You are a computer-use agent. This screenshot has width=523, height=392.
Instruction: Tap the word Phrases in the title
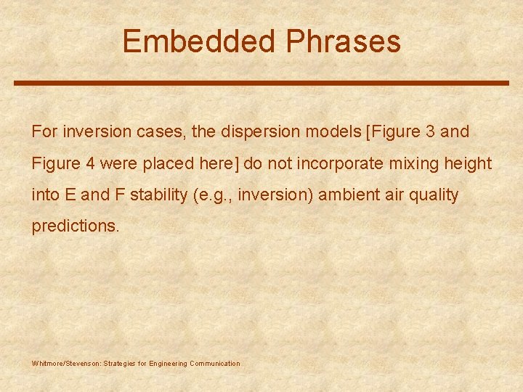coord(343,41)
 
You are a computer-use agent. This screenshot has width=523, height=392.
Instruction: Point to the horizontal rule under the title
coord(261,83)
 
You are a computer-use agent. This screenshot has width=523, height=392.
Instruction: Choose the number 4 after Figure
coord(90,163)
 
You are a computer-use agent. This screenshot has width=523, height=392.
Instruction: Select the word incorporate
coord(333,163)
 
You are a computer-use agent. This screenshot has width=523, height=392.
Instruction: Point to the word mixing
coord(413,163)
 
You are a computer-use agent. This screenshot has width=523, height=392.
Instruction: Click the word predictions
coord(75,226)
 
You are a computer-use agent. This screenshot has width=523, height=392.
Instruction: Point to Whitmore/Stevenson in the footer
coord(67,364)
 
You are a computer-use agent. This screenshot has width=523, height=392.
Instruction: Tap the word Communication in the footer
coord(214,364)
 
